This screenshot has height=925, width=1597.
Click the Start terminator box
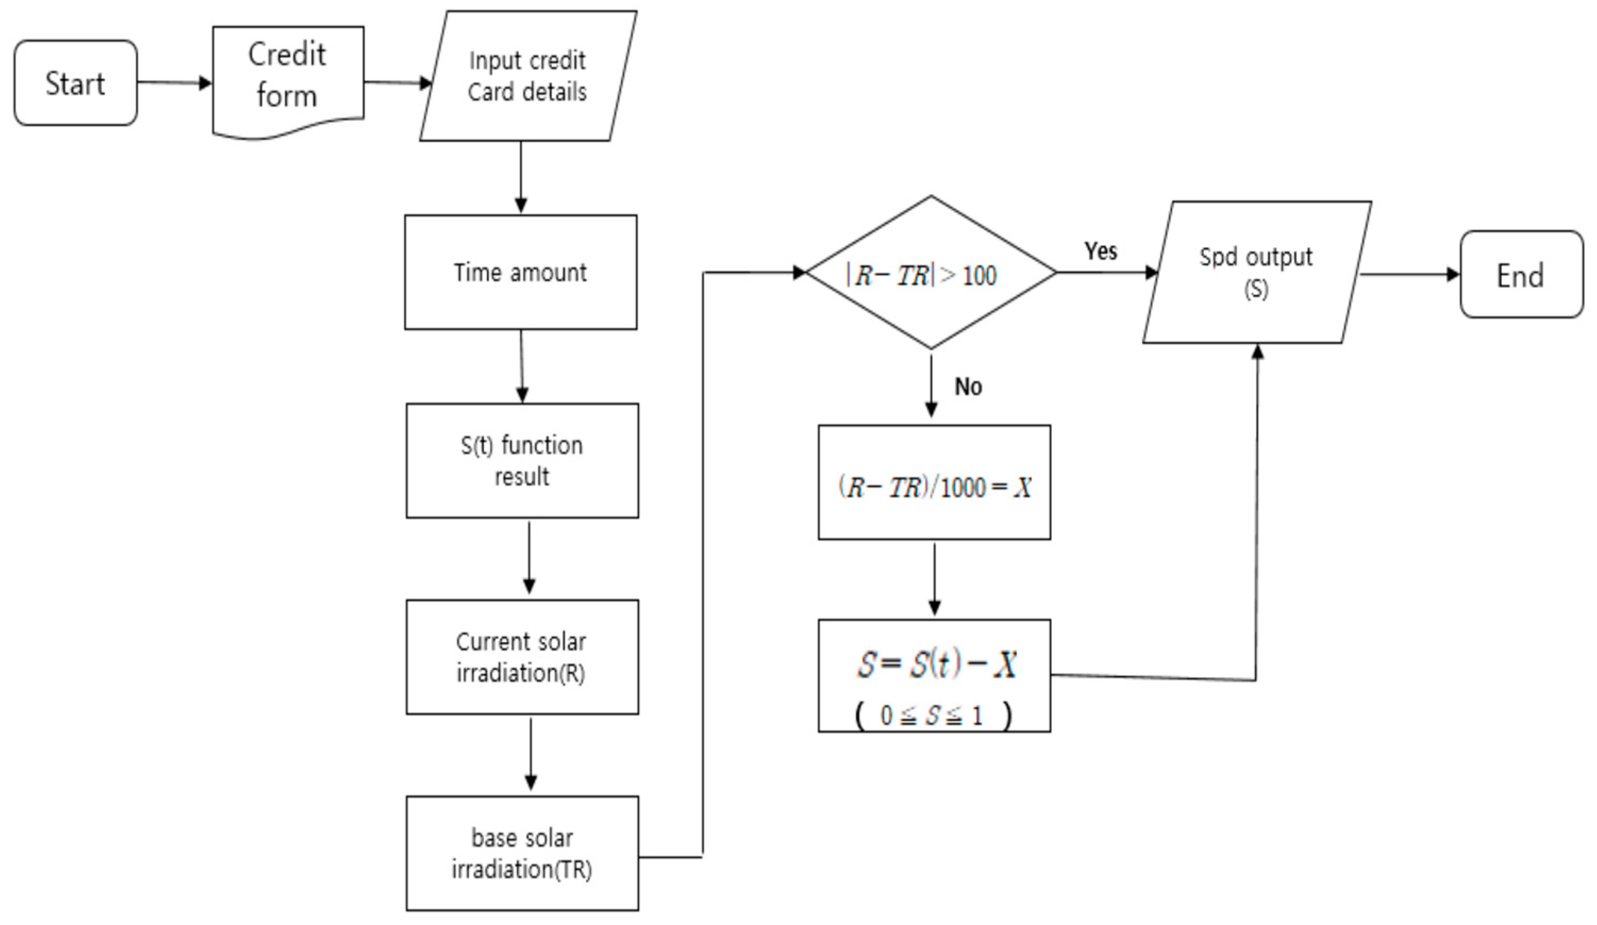coord(76,83)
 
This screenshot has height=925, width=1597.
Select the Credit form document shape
coord(288,76)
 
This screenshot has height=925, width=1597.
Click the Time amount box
coord(520,272)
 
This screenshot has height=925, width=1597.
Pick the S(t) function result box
coord(522,460)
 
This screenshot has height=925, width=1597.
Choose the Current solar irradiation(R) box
coord(522,657)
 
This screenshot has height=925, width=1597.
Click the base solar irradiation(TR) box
coord(522,853)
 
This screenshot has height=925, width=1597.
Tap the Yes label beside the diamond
coord(1100,251)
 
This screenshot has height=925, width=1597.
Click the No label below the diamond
coord(968,386)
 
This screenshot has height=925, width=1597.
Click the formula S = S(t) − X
coord(936,665)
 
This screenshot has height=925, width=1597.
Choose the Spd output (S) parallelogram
coord(1256,272)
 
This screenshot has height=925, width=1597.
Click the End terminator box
coord(1521,275)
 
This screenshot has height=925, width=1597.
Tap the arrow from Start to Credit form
coord(174,82)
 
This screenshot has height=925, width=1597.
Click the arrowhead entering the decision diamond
coord(799,272)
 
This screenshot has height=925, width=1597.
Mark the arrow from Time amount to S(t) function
coord(522,366)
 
